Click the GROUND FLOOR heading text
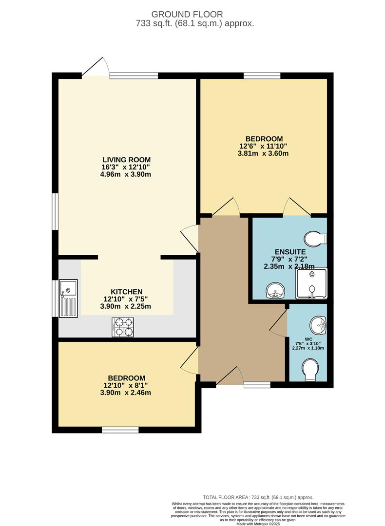pos(187,15)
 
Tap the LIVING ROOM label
pos(126,160)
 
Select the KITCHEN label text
pos(127,292)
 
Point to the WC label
pos(308,339)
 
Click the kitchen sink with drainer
pos(69,298)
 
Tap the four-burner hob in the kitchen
pos(122,327)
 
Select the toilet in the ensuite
pos(315,239)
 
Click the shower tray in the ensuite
pos(311,283)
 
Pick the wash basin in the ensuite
pos(275,290)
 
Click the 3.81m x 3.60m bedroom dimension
pos(263,153)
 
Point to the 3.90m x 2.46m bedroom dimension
pos(126,393)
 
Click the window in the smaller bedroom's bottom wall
pos(120,430)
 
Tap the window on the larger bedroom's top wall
pos(262,75)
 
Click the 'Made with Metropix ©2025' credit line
pos(258,524)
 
